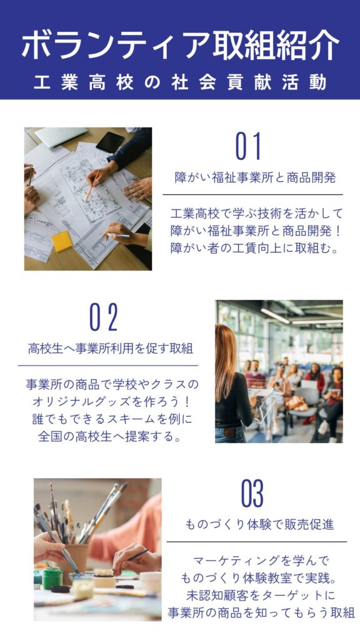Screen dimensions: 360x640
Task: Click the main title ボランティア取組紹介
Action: pos(180,45)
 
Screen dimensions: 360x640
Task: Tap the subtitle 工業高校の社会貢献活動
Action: pos(180,82)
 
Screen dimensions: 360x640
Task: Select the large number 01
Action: pos(249,146)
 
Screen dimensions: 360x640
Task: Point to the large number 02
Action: pos(104,317)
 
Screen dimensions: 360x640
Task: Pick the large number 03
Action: pos(252,493)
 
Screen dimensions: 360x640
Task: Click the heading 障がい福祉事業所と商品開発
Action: pos(255,177)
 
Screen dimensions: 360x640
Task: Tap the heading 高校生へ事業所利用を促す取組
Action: pos(111,349)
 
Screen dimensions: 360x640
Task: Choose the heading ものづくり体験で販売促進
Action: pos(259,524)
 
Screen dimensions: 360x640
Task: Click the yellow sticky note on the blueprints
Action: pos(62,241)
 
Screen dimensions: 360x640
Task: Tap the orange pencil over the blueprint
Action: pos(92,185)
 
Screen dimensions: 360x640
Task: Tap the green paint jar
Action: pos(52,578)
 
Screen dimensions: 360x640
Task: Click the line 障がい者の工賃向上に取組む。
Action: pos(255,249)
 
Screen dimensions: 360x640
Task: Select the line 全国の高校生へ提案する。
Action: pos(110,437)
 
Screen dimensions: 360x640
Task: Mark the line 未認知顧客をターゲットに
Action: pos(261,596)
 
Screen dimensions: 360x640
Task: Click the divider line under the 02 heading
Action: pos(108,365)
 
